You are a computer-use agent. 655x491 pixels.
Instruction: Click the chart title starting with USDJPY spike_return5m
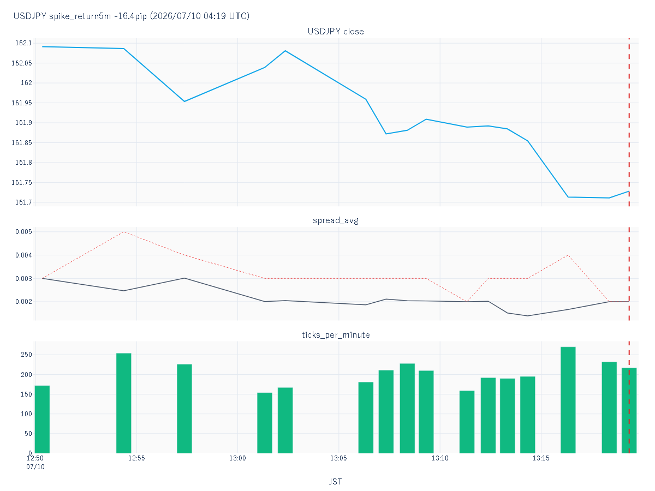point(132,16)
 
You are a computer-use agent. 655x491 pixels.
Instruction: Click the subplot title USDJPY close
point(336,32)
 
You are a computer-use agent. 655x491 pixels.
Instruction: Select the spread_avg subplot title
point(336,220)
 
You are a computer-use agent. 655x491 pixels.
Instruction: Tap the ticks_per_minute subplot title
point(336,335)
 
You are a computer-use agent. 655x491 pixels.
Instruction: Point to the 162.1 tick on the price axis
point(23,43)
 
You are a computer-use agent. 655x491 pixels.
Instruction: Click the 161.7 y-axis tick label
point(23,202)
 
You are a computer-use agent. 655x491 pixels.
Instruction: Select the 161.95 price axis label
point(22,103)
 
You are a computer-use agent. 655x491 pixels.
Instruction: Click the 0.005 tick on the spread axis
point(23,232)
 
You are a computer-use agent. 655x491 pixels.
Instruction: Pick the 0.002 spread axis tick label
point(23,302)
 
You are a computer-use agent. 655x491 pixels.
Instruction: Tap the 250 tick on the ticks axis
point(26,355)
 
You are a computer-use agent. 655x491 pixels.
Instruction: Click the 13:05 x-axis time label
point(339,458)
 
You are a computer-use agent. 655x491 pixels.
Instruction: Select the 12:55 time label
point(136,458)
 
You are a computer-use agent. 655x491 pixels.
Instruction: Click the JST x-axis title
point(336,482)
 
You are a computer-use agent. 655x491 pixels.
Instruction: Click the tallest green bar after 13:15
point(568,400)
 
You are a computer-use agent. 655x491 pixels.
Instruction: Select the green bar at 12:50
point(43,420)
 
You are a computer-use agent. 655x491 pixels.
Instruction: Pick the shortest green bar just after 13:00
point(265,423)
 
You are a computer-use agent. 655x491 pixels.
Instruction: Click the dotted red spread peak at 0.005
point(124,232)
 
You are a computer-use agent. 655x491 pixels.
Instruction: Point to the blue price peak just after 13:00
point(285,51)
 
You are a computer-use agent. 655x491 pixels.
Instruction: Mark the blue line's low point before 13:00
point(184,101)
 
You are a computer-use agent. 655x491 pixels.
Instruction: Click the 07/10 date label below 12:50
point(35,467)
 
